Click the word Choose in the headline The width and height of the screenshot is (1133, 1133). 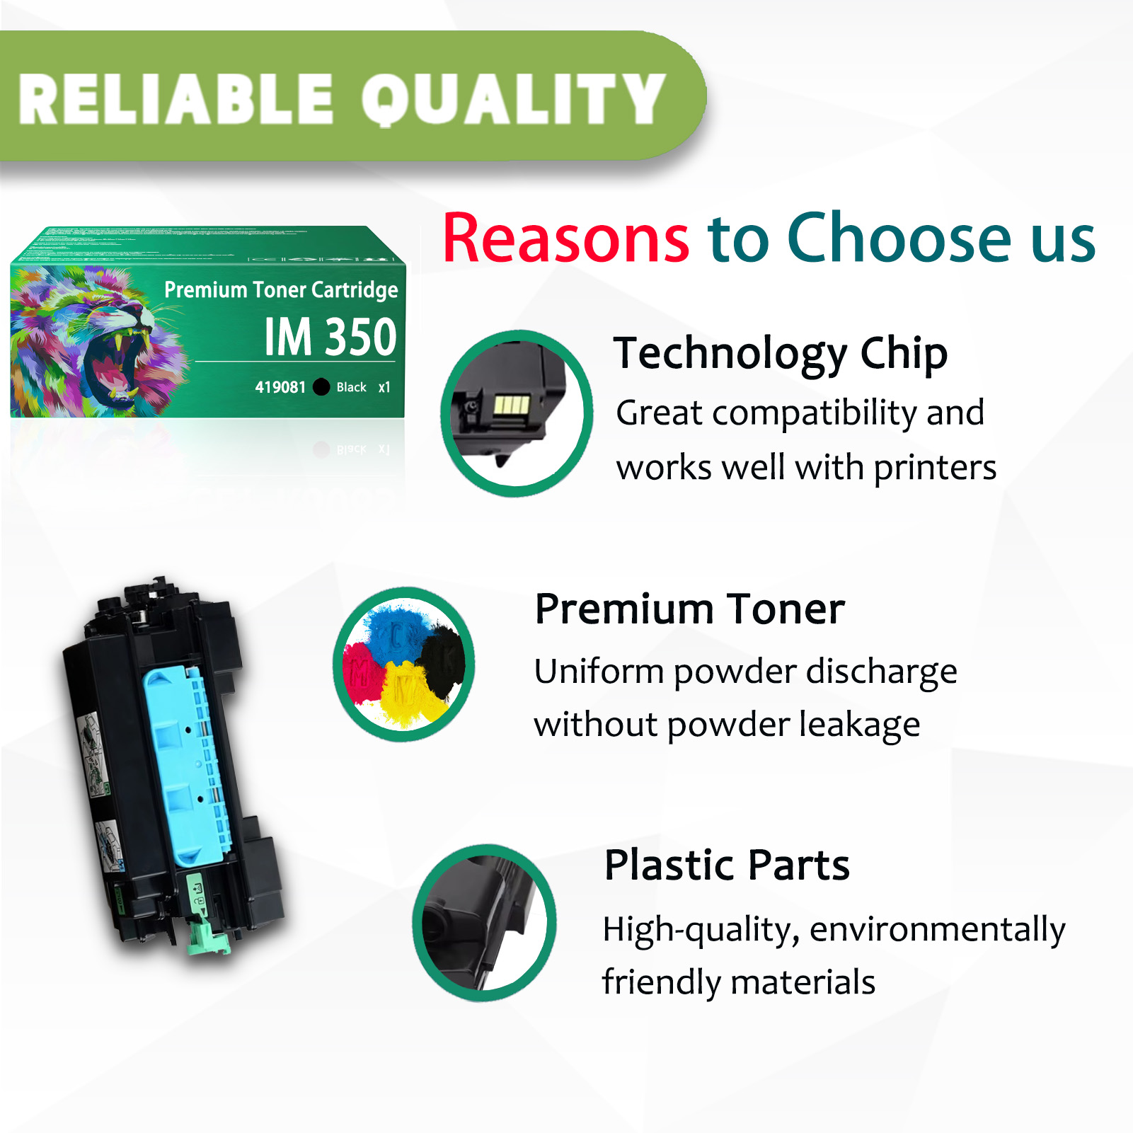[x=899, y=238]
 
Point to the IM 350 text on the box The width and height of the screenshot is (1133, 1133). [x=330, y=337]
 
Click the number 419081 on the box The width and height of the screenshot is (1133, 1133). [x=280, y=387]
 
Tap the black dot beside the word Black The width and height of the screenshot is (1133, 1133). [x=321, y=387]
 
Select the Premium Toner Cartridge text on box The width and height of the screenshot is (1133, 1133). [x=281, y=289]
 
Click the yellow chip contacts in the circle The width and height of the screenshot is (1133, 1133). [x=511, y=406]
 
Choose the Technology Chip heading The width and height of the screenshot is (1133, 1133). [x=780, y=353]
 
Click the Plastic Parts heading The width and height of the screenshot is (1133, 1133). [x=727, y=865]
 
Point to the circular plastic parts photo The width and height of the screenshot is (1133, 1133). [x=484, y=923]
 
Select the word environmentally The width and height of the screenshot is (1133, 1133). [x=937, y=929]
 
